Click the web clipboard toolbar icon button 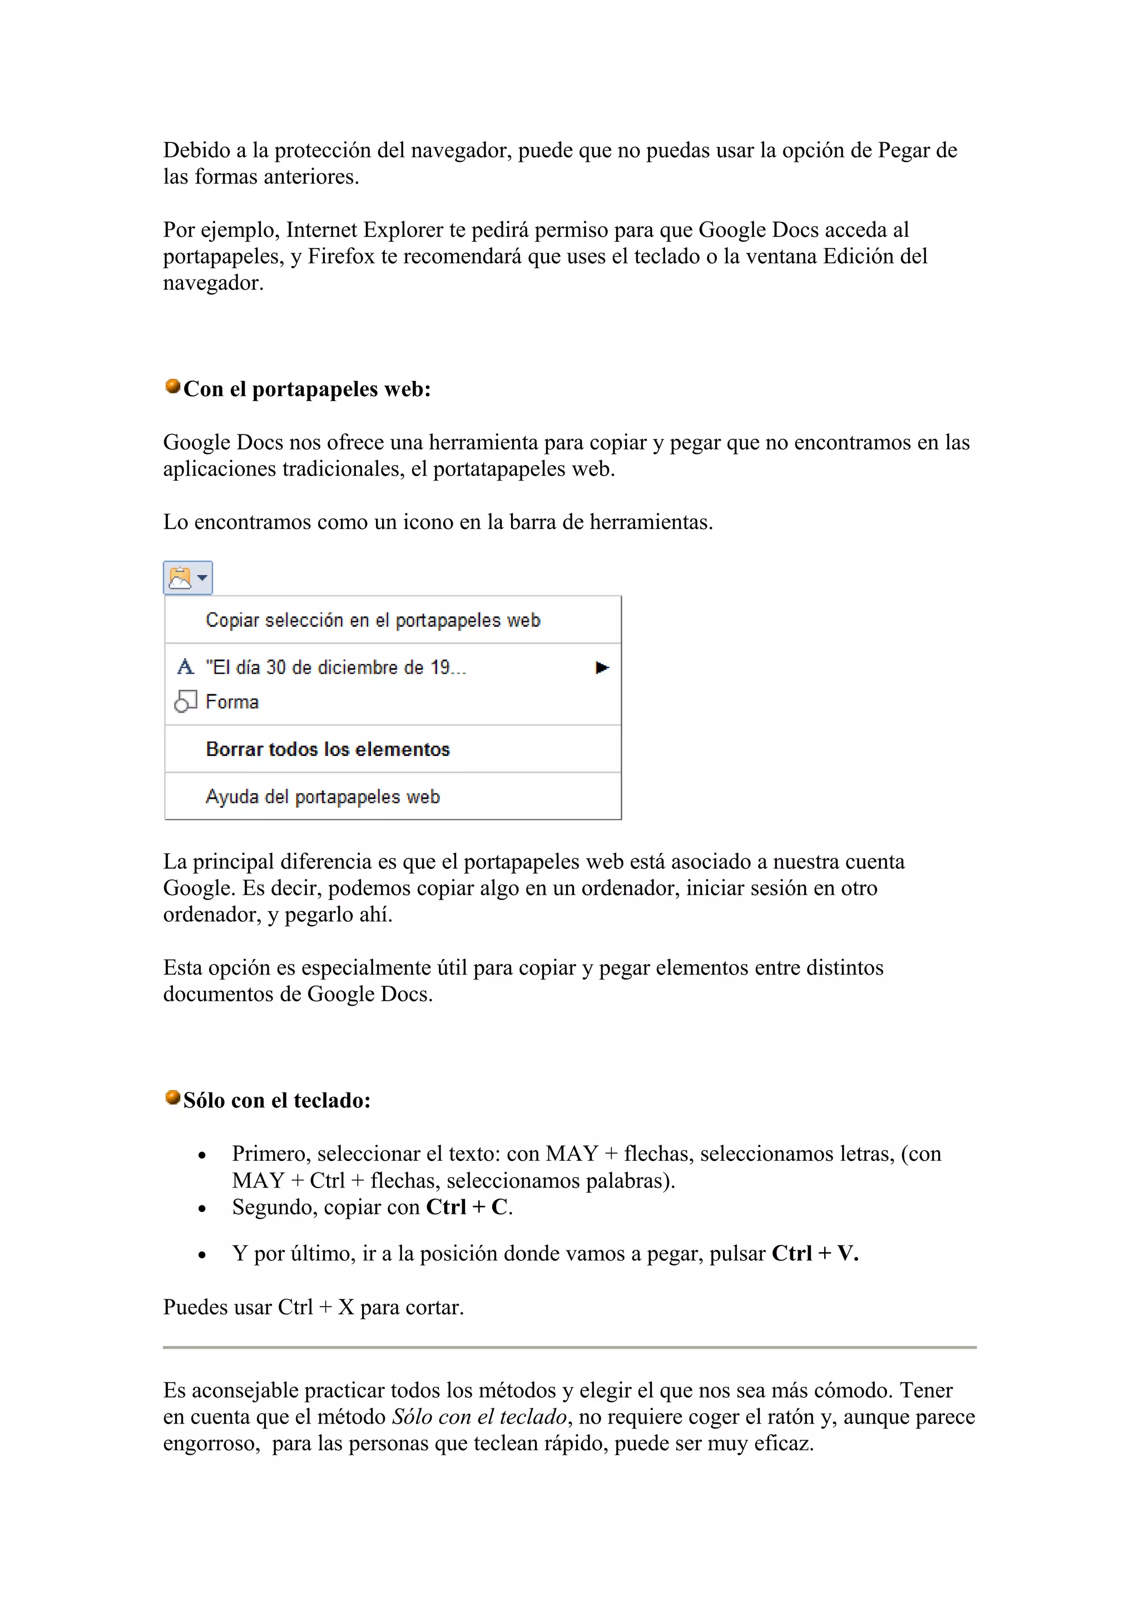(x=187, y=578)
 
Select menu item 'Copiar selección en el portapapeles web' (x=373, y=620)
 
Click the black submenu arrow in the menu (x=601, y=667)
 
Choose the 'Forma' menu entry (x=232, y=701)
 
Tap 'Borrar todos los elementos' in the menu (x=328, y=749)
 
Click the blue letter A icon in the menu (x=185, y=666)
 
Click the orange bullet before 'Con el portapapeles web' (x=172, y=386)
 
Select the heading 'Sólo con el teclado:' (x=276, y=1100)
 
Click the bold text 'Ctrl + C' (x=467, y=1207)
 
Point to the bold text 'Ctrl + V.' (x=815, y=1253)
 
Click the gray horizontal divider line (x=569, y=1347)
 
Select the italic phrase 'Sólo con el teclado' (x=479, y=1417)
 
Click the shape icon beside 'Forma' (x=185, y=701)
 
